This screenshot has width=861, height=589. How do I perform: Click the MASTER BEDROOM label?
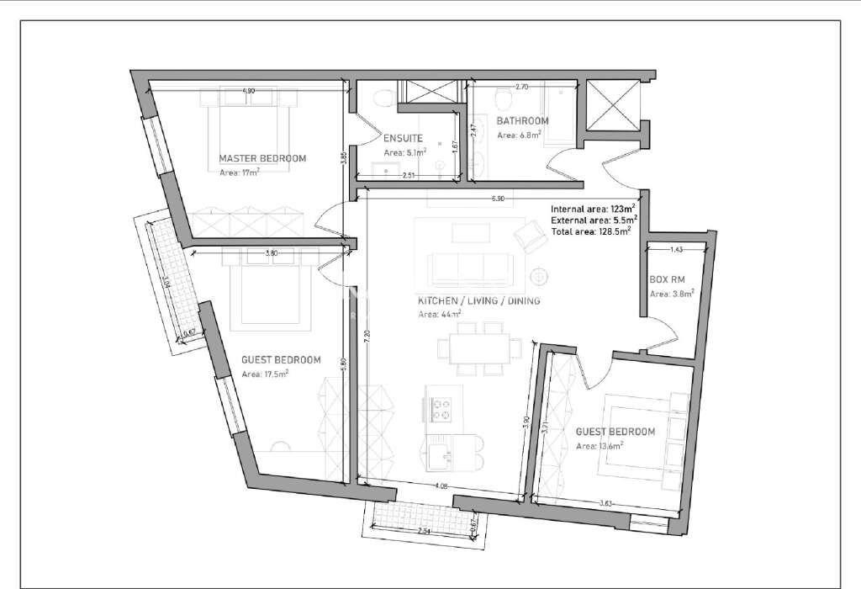[x=262, y=158]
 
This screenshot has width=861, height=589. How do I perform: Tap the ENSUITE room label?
[x=403, y=138]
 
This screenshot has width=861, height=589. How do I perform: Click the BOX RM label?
[x=669, y=280]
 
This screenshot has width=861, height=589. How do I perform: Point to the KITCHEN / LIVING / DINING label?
[x=478, y=300]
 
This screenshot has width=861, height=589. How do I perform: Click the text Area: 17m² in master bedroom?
[x=239, y=172]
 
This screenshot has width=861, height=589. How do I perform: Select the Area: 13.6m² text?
[x=599, y=446]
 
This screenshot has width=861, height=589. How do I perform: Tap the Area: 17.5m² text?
[x=265, y=374]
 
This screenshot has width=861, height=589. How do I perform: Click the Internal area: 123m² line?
[x=592, y=208]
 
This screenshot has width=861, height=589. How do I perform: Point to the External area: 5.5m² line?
[x=593, y=219]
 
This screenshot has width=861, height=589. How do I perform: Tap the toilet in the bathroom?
[x=502, y=100]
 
